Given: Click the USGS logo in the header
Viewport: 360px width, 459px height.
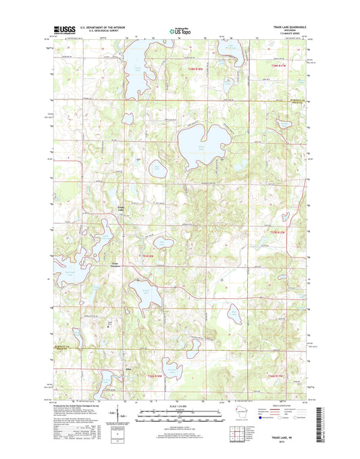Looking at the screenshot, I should (61, 30).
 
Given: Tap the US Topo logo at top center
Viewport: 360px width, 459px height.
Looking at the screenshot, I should (180, 30).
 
